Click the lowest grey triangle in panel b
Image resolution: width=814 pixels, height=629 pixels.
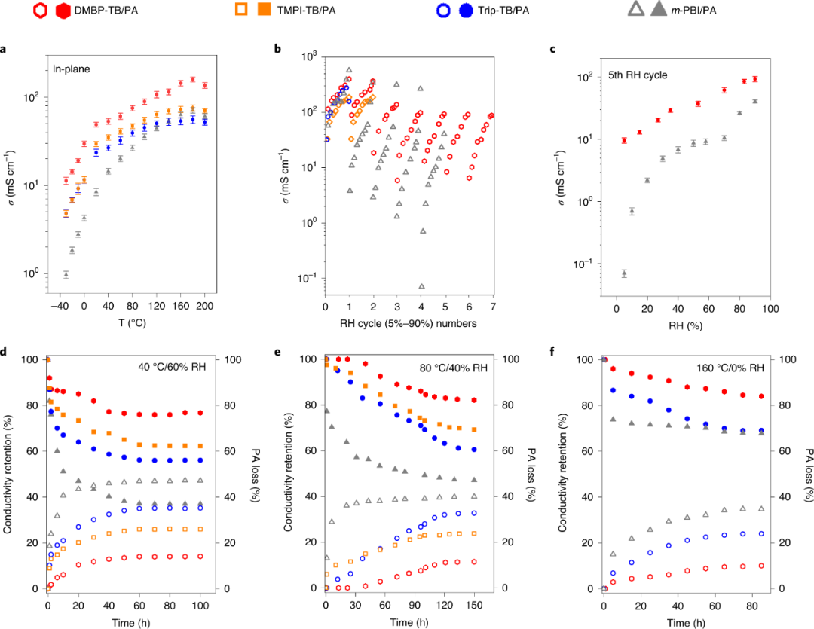point(421,286)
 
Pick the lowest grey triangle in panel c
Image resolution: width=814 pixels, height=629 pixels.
point(624,273)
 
